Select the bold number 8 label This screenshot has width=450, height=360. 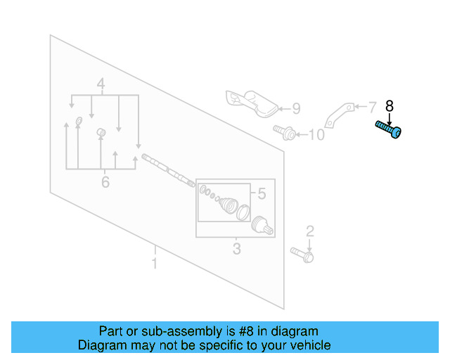click(390, 106)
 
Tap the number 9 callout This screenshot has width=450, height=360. click(295, 108)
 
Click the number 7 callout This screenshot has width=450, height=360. click(372, 107)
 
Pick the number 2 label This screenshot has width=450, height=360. click(309, 231)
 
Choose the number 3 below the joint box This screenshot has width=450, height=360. click(236, 249)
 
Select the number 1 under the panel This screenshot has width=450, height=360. click(154, 264)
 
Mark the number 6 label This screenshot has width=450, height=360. click(105, 183)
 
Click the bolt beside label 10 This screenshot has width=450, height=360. click(284, 131)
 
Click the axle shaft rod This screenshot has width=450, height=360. click(167, 169)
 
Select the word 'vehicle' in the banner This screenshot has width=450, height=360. click(307, 345)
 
